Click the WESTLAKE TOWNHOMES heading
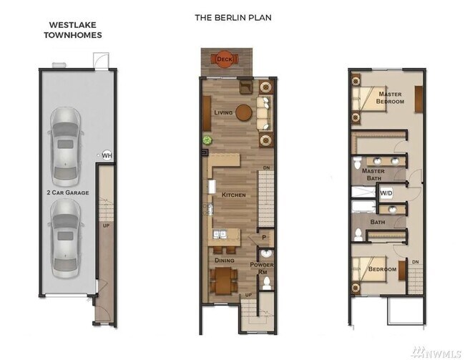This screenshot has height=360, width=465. click(75, 29)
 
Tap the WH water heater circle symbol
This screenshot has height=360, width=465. click(107, 155)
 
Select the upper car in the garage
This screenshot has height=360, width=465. click(65, 147)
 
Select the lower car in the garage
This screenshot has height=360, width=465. click(65, 228)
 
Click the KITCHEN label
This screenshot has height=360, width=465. click(233, 195)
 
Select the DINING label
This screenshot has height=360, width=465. click(225, 261)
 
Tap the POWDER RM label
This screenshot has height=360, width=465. click(262, 268)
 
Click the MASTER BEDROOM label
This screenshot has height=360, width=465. click(391, 97)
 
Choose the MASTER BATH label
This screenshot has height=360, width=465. click(374, 175)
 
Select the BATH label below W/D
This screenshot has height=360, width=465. click(378, 222)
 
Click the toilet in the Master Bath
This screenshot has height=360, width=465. click(358, 164)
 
